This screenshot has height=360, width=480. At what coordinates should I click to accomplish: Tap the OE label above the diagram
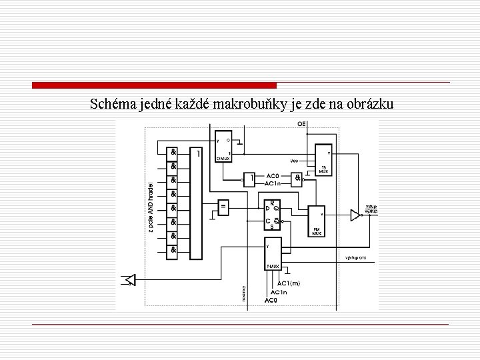[x=301, y=125]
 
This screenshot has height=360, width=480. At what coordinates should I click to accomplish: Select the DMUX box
[x=223, y=146]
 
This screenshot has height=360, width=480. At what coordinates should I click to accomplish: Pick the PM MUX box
[x=315, y=221]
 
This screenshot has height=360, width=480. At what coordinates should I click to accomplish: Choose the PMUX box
[x=273, y=253]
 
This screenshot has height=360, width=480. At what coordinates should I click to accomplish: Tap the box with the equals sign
[x=224, y=207]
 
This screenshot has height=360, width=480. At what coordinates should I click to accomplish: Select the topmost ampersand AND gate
[x=173, y=152]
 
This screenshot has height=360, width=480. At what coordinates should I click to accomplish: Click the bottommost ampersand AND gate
[x=173, y=250]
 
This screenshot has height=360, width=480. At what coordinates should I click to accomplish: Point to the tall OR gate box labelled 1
[x=195, y=203]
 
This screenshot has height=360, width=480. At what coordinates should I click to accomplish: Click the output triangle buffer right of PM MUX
[x=355, y=215]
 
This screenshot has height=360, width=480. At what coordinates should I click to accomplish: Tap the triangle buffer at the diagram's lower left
[x=130, y=279]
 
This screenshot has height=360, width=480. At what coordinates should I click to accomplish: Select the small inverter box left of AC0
[x=249, y=179]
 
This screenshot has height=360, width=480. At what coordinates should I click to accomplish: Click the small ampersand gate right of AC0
[x=297, y=179]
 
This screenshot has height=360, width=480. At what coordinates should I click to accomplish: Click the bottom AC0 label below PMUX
[x=271, y=300]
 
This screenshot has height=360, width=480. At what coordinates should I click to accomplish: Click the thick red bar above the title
[x=154, y=85]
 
